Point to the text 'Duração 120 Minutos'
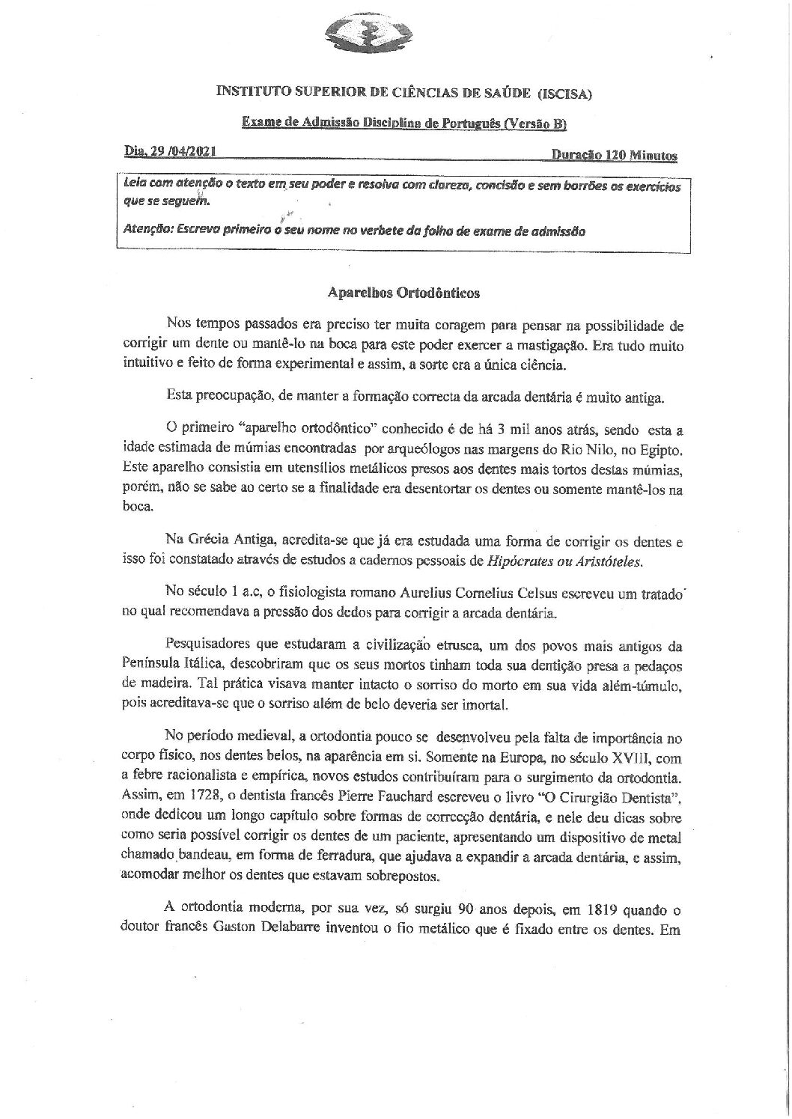(x=614, y=156)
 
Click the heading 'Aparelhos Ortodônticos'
(x=404, y=293)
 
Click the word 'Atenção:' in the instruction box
(x=147, y=231)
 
